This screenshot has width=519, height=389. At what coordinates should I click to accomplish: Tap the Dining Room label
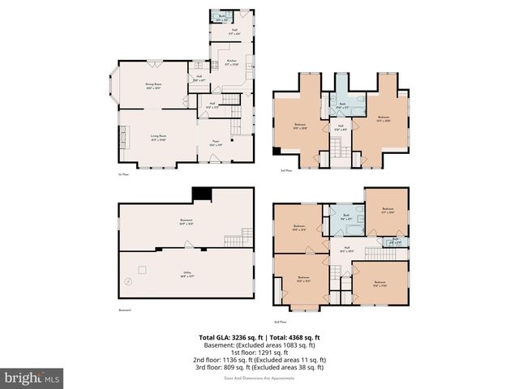(x=153, y=86)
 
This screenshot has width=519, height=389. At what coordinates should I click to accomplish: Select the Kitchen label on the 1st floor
(x=231, y=62)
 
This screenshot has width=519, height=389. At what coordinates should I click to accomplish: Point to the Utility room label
(x=187, y=276)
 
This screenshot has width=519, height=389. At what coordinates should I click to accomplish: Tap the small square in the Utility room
(x=142, y=267)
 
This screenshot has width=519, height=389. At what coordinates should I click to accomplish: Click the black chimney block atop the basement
(x=200, y=194)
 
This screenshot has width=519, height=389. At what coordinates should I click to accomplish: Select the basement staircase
(x=237, y=239)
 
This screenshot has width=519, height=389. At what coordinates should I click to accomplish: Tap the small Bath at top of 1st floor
(x=222, y=16)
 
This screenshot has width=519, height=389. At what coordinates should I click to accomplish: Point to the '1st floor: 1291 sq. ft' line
(x=260, y=352)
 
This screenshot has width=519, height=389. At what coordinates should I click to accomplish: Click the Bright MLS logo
(x=33, y=378)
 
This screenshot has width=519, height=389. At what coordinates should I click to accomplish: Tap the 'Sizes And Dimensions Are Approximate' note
(x=259, y=374)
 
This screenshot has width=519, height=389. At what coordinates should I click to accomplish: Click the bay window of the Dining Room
(x=114, y=86)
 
